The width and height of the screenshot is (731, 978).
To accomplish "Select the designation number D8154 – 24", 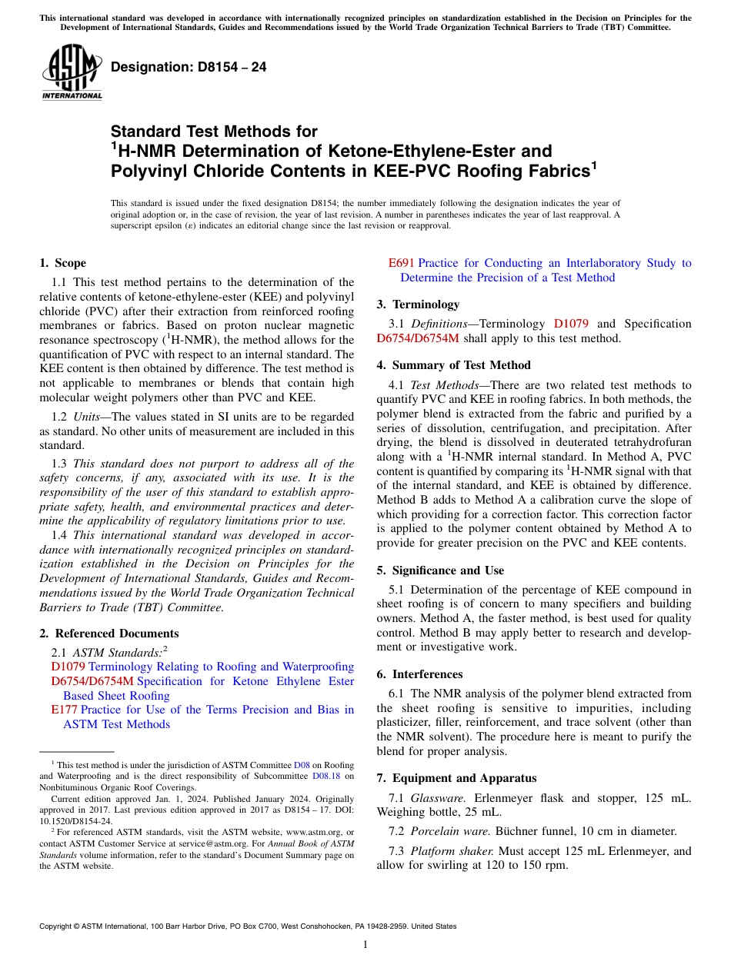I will click(x=189, y=67).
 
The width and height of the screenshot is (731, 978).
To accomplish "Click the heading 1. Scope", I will click(x=63, y=263).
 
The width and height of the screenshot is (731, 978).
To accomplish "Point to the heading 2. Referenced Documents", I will click(x=109, y=634).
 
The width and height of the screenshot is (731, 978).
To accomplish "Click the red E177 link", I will click(x=64, y=710).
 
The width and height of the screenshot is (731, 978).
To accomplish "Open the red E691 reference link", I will click(x=401, y=263).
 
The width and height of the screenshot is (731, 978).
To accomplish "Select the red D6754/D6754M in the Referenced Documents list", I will click(x=92, y=681).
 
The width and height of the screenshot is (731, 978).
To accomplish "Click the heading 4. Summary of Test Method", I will click(x=454, y=365).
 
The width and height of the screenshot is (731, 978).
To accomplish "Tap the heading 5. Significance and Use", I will click(x=440, y=570).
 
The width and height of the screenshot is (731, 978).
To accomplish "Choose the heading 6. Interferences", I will click(x=419, y=674).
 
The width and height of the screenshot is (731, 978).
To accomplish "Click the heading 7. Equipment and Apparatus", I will click(x=456, y=778).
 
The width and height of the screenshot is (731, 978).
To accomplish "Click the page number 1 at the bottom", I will click(x=365, y=944).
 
